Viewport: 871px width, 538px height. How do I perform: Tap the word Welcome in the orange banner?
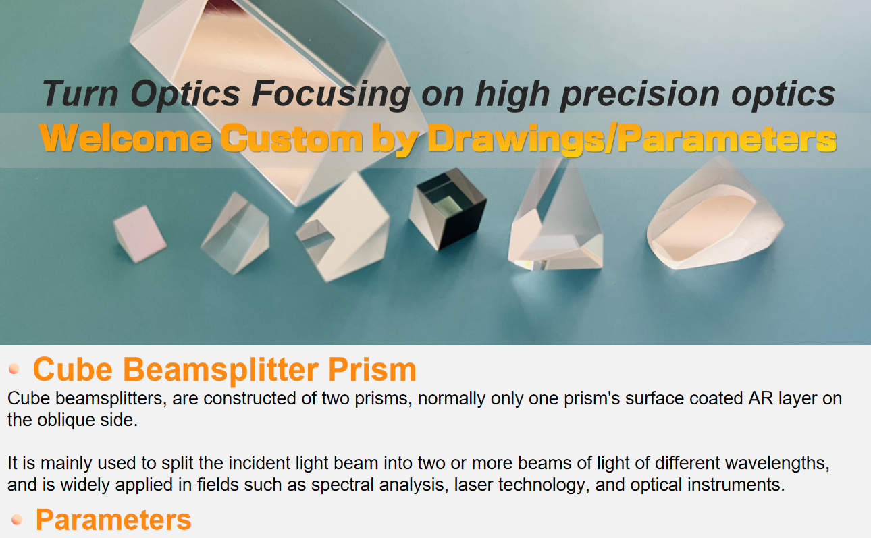click(x=125, y=138)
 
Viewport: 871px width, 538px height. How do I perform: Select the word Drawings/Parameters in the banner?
click(x=632, y=138)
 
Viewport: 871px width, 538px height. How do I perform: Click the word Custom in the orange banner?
click(x=292, y=138)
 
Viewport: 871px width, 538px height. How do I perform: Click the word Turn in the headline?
click(x=80, y=93)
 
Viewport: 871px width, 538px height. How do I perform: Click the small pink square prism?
click(x=140, y=234)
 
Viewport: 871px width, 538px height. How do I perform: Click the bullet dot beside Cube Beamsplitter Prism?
click(x=14, y=369)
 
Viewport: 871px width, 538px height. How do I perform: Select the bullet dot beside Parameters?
click(x=17, y=519)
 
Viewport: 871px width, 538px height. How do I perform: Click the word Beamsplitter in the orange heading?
click(x=221, y=369)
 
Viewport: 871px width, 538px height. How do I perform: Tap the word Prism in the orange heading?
click(x=372, y=369)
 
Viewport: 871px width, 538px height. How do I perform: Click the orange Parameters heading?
click(x=113, y=520)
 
